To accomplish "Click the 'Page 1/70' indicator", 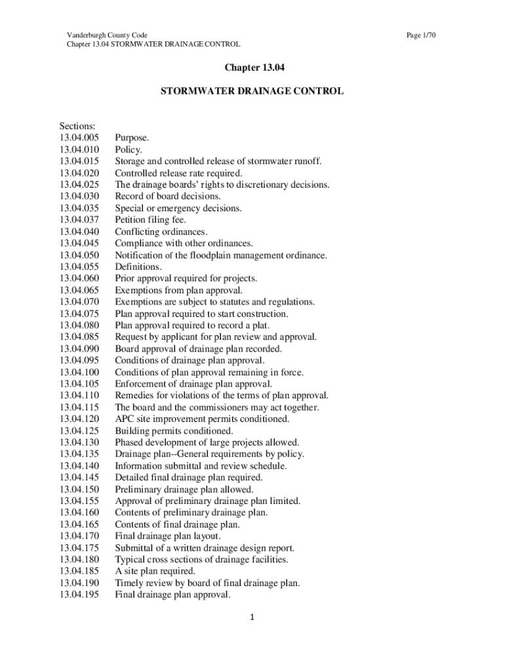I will point(421,35).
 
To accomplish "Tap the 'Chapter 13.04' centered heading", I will point(252,68).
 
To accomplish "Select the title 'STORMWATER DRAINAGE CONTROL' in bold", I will point(252,91).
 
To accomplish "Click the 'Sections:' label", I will point(77,127).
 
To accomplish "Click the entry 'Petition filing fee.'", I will point(151,220).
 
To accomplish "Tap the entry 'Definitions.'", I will point(138,267).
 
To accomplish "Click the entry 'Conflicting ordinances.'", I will point(161,232).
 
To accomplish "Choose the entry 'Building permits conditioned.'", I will point(174,431).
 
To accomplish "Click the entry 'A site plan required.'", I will point(155,572).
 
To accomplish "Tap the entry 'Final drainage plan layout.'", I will point(163,536).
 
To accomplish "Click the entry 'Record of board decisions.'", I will point(168,197).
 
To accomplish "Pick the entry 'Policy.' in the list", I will point(129,150).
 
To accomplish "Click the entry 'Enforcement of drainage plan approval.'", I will point(193,384).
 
